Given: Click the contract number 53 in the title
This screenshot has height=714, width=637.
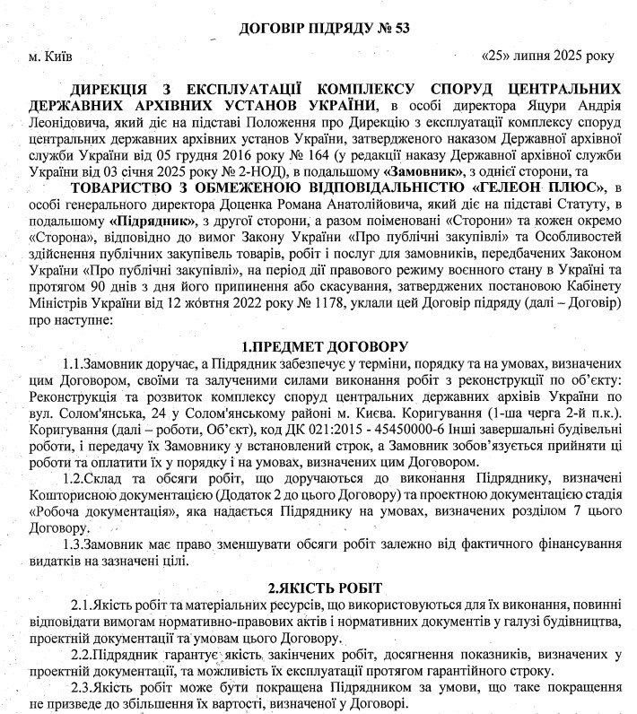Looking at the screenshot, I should (x=399, y=28).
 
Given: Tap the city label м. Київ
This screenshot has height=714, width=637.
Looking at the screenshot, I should (x=50, y=57).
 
